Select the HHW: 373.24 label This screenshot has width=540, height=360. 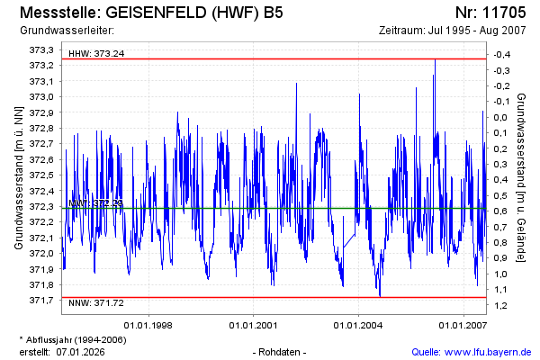coord(96,54)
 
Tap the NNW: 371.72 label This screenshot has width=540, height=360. coord(96,303)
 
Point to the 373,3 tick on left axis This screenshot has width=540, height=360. coord(42,49)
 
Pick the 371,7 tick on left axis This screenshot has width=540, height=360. coord(42,301)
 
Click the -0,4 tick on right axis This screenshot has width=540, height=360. coord(499,54)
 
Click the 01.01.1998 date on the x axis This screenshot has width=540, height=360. coord(148,325)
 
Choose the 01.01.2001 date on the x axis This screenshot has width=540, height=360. coord(253,325)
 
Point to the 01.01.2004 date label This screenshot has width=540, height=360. coord(358,325)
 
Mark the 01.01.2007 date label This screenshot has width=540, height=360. coord(463,325)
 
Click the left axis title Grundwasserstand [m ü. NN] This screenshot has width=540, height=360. coord(18,175)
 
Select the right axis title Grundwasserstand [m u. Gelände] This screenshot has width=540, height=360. coord(522,175)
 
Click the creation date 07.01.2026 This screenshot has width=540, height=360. coord(84,351)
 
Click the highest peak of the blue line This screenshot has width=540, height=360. coord(435,59)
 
